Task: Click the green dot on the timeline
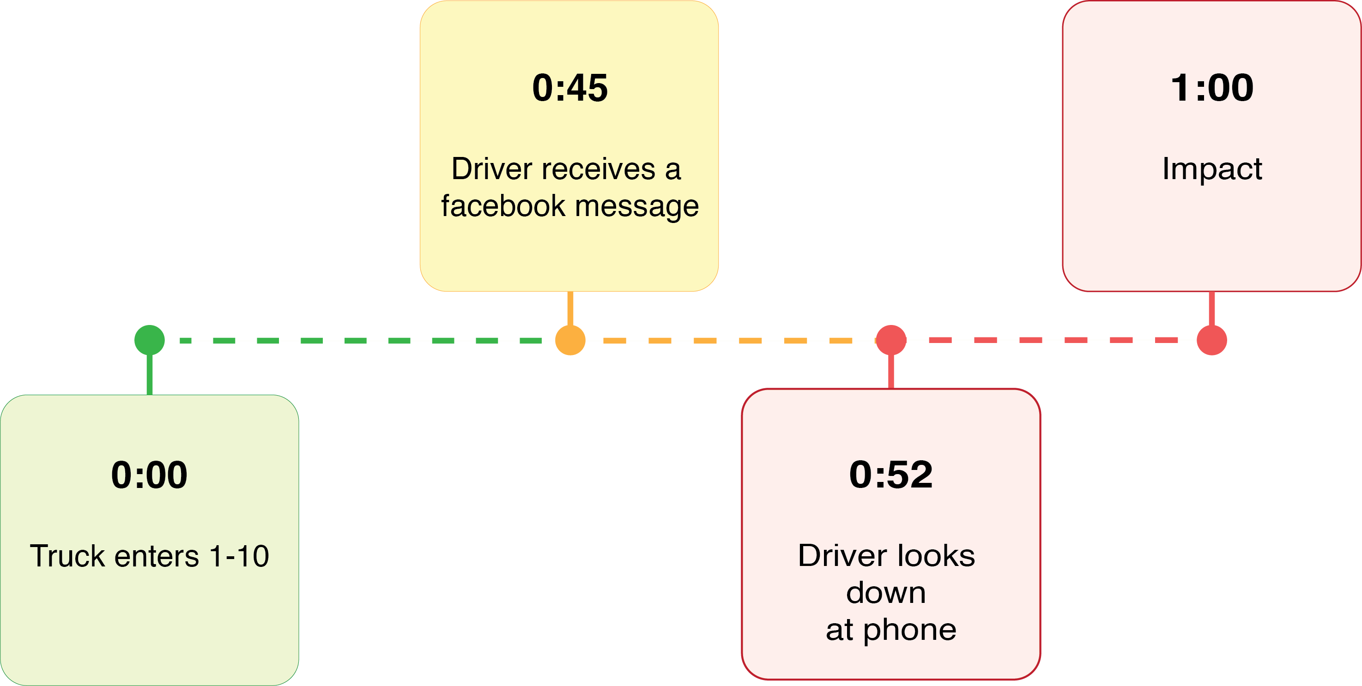coord(150,340)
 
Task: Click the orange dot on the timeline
coord(570,340)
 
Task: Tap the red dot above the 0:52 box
coord(891,340)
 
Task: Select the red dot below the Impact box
coord(1211,340)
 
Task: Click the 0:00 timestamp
coord(149,475)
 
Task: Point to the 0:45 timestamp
coord(570,88)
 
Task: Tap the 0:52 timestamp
coord(891,474)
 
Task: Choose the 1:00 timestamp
coord(1212,88)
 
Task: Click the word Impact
coord(1212,169)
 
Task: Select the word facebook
coord(503,205)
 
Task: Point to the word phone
coord(910,630)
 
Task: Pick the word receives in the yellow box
coord(599,169)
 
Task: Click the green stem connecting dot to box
coord(150,375)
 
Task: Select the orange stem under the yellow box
coord(570,308)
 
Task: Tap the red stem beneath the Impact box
coord(1211,308)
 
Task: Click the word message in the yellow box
coord(637,205)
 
